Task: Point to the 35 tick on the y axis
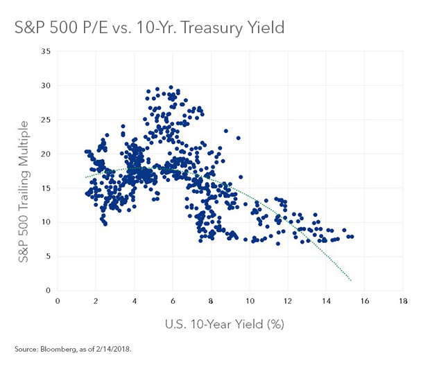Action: (x=45, y=52)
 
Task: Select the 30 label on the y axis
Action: (x=45, y=86)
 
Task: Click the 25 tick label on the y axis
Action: (x=45, y=120)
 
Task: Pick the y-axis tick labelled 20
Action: (x=45, y=154)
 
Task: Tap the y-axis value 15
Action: (x=45, y=188)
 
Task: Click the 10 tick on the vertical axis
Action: (x=45, y=222)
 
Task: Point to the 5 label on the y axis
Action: (x=47, y=256)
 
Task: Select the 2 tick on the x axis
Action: (x=96, y=300)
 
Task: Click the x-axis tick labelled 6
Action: (x=173, y=300)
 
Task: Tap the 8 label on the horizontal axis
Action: (x=211, y=300)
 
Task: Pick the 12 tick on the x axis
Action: (x=288, y=300)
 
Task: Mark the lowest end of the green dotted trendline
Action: (x=352, y=280)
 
